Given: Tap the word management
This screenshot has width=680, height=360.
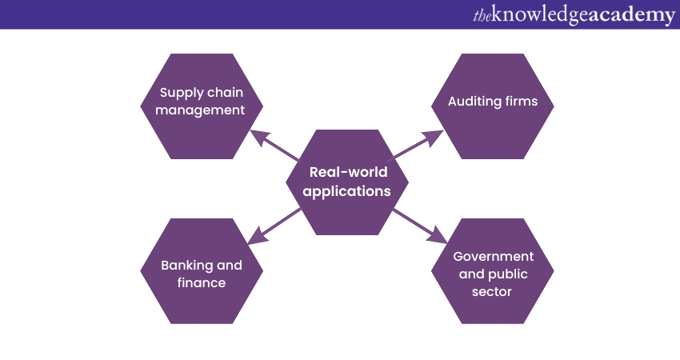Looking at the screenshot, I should tap(200, 110).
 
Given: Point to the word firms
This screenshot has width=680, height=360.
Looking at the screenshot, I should tap(519, 102).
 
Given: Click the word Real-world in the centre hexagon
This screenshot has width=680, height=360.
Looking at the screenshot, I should tap(348, 172).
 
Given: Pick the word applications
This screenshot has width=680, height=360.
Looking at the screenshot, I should tap(347, 191).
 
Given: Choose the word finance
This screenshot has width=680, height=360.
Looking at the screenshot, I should tap(200, 282).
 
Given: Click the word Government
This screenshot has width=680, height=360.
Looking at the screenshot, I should tap(492, 257).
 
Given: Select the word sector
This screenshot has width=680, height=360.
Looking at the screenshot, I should tap(492, 292).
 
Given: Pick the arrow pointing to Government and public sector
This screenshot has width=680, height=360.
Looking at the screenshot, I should tap(422, 226).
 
